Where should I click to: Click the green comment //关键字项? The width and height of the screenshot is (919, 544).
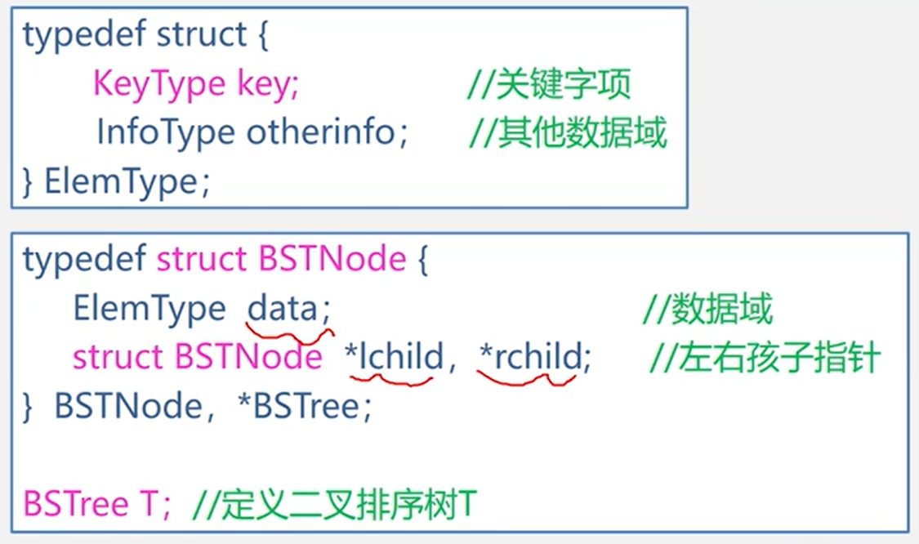click(x=549, y=85)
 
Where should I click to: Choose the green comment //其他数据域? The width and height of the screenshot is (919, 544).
click(x=568, y=132)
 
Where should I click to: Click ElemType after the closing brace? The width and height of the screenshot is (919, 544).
click(x=119, y=181)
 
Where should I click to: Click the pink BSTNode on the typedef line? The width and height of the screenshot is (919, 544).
click(x=332, y=259)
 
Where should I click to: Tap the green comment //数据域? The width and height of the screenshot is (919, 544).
click(x=707, y=310)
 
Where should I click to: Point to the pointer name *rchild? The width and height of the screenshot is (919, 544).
click(x=531, y=357)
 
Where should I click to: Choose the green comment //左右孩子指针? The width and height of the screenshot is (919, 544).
click(x=765, y=357)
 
